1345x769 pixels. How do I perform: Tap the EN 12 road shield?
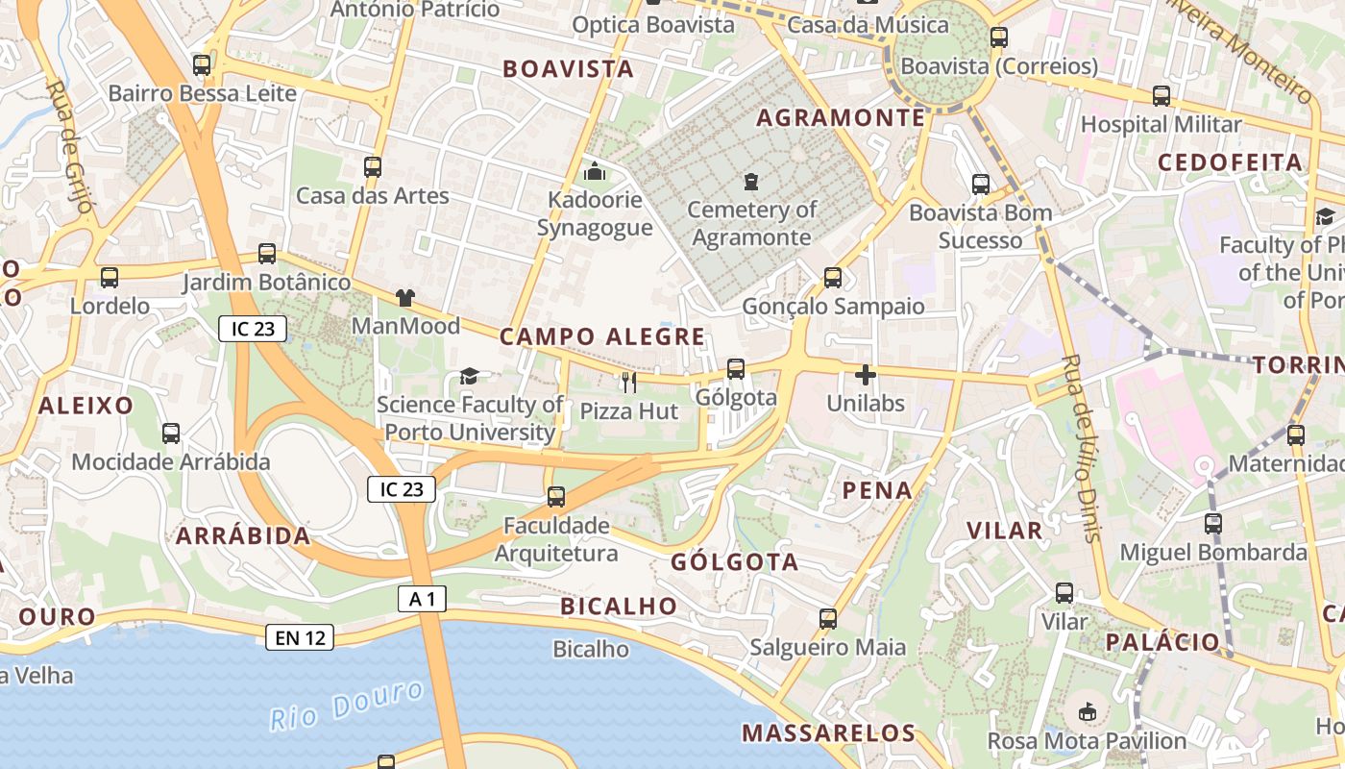[x=301, y=637]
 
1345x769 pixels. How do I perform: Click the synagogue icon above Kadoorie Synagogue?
[x=595, y=172]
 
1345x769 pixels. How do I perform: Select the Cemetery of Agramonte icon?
[x=751, y=181]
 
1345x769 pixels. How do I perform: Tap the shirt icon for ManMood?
[x=405, y=298]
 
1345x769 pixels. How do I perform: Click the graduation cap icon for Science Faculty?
[x=469, y=376]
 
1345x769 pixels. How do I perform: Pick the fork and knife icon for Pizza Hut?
[x=629, y=383]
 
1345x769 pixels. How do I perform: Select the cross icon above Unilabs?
[x=866, y=375]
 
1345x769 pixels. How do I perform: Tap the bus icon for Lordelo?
[x=110, y=278]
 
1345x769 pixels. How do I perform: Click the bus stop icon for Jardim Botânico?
[x=267, y=254]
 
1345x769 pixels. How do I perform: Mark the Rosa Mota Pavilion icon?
[x=1088, y=712]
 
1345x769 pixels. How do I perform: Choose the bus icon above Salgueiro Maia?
[x=828, y=619]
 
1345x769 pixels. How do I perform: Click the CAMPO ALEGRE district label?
[x=602, y=336]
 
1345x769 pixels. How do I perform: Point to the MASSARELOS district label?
[x=829, y=733]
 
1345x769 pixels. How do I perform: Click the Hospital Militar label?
[x=1161, y=124]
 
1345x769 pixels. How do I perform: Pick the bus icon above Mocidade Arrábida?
[x=171, y=434]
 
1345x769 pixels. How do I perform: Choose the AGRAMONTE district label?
[x=841, y=118]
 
